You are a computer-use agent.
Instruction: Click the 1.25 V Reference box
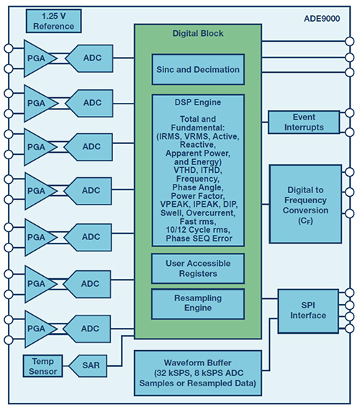point(53,21)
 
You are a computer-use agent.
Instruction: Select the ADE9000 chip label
point(322,19)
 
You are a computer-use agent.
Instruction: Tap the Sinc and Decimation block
point(198,70)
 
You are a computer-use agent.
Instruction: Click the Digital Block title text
point(198,33)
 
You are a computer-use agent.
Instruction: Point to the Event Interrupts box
point(304,122)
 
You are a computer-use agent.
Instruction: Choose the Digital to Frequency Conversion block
point(305,204)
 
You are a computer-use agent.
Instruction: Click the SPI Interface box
point(308,311)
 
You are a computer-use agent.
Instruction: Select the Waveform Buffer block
point(198,373)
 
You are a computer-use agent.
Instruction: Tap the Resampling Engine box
point(198,304)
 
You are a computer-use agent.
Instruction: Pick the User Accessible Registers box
point(198,269)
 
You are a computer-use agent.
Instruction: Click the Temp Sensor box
point(42,366)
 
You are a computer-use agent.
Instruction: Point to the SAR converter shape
point(88,366)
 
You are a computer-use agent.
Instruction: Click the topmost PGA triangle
point(39,58)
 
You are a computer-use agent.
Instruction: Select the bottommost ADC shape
point(87,329)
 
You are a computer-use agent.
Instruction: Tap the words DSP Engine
point(198,102)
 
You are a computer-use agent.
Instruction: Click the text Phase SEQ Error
point(199,239)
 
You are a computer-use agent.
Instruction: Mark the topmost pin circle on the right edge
point(349,41)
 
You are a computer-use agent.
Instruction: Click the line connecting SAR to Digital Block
point(122,350)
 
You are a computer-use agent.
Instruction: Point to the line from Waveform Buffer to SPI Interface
point(269,344)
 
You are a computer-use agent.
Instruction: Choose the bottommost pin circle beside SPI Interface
point(349,329)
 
